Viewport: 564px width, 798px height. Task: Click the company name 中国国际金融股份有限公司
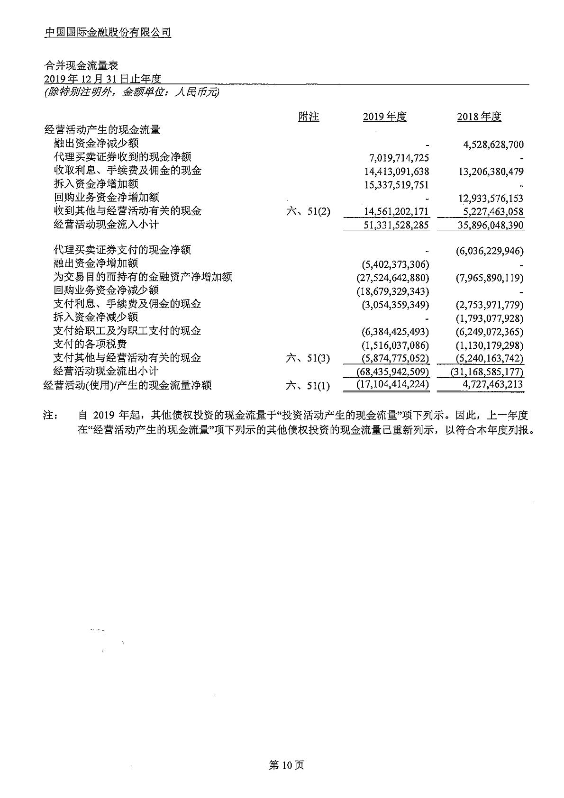click(x=108, y=32)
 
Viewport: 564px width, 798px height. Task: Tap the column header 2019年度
click(x=384, y=117)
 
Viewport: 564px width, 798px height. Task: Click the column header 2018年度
click(x=479, y=117)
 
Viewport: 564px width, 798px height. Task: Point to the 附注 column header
click(x=309, y=117)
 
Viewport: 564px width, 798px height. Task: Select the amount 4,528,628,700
click(x=493, y=145)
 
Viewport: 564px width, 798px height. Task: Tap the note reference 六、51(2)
click(x=308, y=211)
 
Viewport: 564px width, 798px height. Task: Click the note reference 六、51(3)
click(x=308, y=358)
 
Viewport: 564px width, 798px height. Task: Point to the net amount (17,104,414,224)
click(x=393, y=385)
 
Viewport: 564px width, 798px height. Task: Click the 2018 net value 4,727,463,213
click(x=493, y=385)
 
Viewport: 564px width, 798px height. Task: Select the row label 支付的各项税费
click(x=90, y=345)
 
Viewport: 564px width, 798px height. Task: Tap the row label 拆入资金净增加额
click(x=96, y=184)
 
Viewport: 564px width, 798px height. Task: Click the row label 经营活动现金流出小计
click(x=106, y=371)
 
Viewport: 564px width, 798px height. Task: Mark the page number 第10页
click(x=286, y=765)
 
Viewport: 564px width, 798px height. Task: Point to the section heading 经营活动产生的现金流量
click(x=102, y=129)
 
